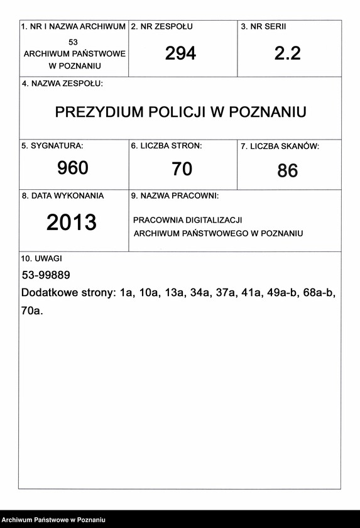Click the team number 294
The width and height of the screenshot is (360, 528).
180,53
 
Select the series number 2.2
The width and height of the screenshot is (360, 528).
287,53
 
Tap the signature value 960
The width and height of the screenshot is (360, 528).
73,168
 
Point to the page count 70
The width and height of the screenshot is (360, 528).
182,168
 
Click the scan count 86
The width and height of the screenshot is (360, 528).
287,170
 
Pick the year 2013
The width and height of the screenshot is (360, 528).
72,222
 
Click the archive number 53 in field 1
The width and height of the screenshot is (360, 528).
74,41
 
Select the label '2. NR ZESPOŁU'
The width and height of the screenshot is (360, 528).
161,27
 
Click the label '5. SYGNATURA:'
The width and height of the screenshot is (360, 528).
52,146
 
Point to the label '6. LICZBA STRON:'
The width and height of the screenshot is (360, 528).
166,146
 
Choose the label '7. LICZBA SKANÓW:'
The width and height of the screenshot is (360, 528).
280,146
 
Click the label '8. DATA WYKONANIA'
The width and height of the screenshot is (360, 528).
63,195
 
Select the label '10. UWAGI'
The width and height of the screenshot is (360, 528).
42,258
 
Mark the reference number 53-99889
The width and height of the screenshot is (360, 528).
46,275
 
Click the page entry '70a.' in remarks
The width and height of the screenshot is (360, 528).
32,310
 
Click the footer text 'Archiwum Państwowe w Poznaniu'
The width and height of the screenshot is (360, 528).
53,520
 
